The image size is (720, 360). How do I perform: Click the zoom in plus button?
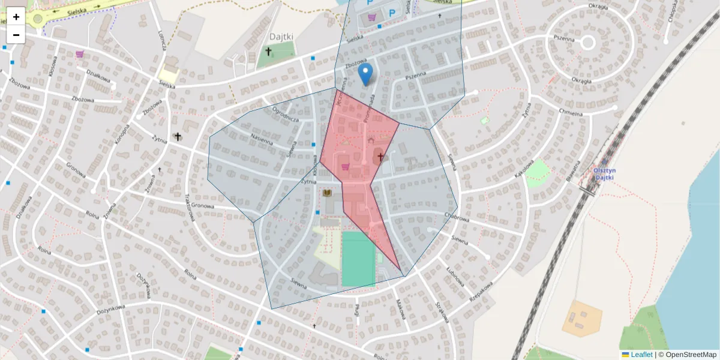(16, 17)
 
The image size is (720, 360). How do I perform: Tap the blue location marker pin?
(365, 74)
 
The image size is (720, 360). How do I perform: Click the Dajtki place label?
(281, 36)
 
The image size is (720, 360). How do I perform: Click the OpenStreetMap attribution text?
(691, 355)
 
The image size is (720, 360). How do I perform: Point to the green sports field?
(358, 259)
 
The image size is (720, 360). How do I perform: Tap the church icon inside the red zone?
(380, 157)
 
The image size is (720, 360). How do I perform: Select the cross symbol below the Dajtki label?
(269, 52)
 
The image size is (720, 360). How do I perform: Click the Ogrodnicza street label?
(286, 115)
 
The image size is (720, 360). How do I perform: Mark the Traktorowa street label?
(193, 207)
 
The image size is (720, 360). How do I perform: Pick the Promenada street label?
(370, 108)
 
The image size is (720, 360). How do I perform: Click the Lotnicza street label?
(161, 39)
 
